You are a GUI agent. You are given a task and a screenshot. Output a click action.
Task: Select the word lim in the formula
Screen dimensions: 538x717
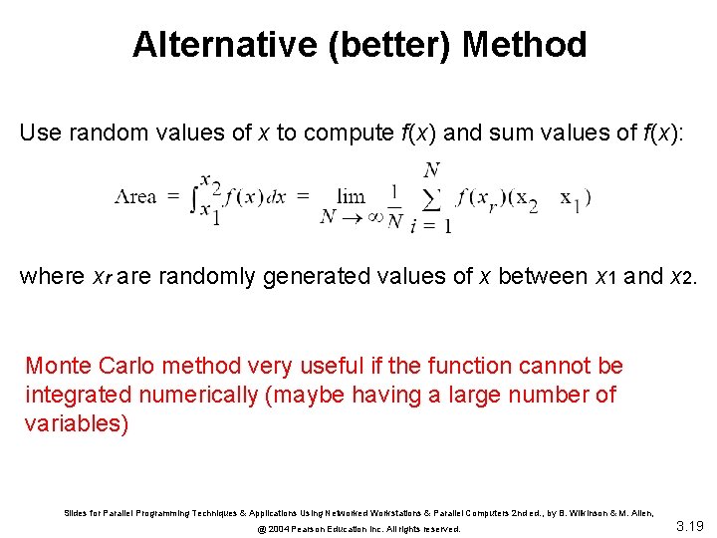point(351,196)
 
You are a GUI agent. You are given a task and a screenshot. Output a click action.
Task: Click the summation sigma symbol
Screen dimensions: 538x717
point(431,197)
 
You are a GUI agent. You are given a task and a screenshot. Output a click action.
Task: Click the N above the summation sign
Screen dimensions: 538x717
point(431,170)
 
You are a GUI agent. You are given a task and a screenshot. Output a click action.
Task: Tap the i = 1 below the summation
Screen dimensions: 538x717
point(432,226)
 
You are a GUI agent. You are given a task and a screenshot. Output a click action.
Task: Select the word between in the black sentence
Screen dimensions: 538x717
point(542,276)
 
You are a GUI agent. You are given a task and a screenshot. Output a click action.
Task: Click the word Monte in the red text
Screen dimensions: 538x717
point(58,367)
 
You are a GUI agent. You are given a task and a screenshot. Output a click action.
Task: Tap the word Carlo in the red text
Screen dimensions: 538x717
point(124,367)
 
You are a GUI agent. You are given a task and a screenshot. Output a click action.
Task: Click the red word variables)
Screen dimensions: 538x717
point(77,422)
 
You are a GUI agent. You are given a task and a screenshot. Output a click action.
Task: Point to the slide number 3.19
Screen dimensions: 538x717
point(690,525)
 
